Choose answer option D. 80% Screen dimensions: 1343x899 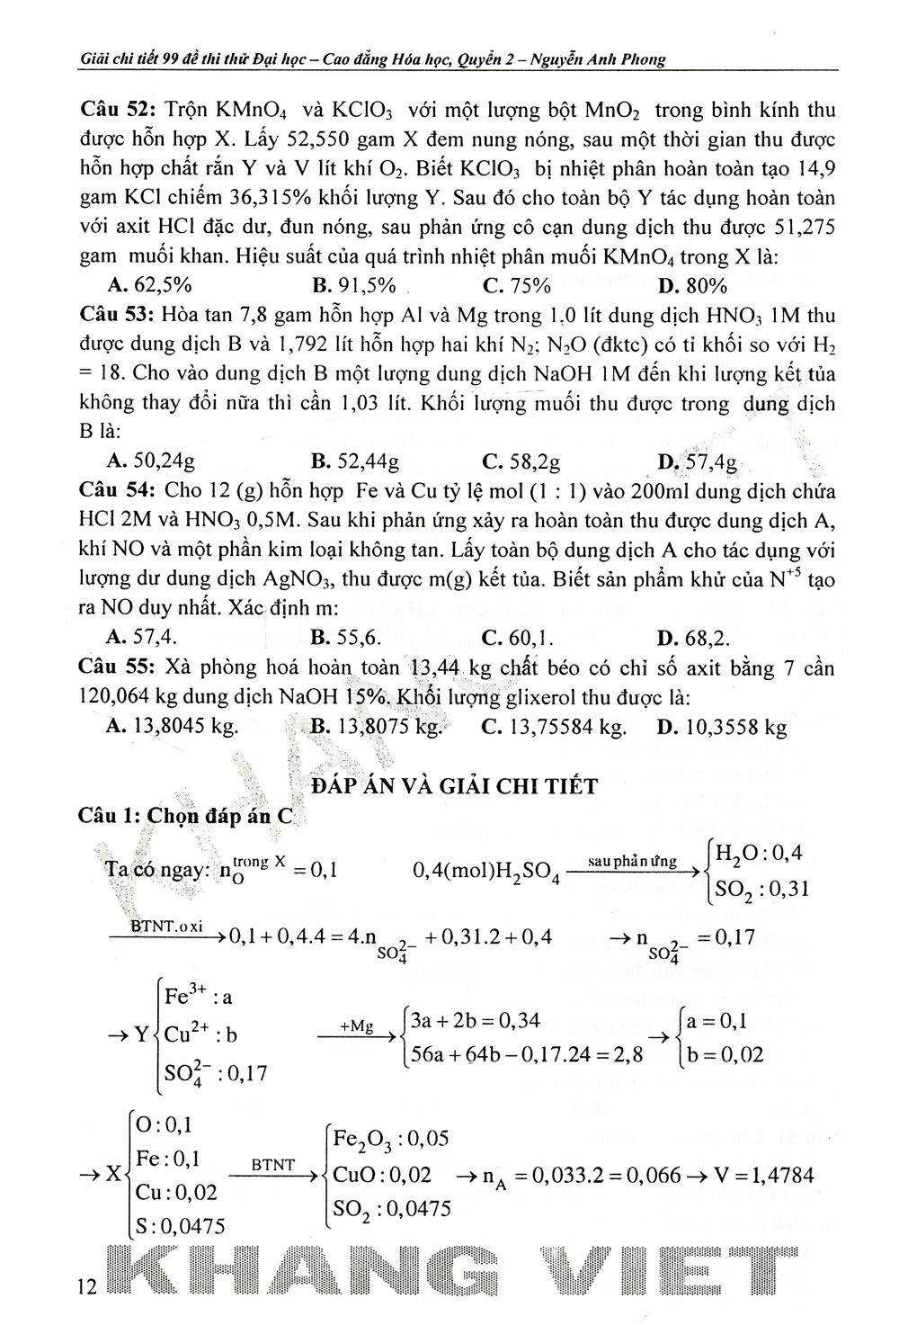click(x=692, y=286)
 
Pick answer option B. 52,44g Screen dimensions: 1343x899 click(x=354, y=462)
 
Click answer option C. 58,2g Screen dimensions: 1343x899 click(x=521, y=462)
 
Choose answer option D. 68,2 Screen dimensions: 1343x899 click(x=693, y=638)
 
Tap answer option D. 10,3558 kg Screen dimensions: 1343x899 click(x=722, y=727)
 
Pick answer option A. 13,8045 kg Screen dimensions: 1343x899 click(x=172, y=727)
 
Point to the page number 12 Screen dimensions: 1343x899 click(x=87, y=1287)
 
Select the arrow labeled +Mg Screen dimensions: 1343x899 click(x=357, y=1036)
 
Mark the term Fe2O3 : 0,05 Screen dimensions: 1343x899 click(x=390, y=1139)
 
